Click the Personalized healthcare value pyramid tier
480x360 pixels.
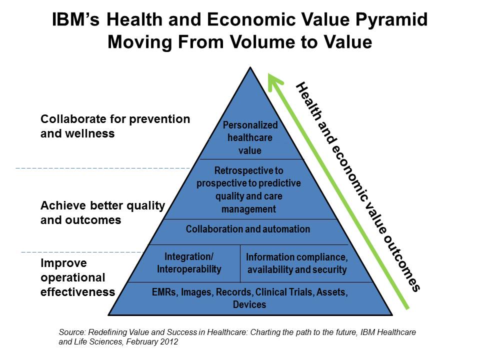pos(250,137)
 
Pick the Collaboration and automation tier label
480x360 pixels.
pos(248,229)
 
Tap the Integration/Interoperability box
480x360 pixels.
pos(188,263)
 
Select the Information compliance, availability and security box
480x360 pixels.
pos(296,263)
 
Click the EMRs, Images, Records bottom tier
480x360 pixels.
pos(249,297)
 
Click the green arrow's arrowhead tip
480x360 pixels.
pos(270,75)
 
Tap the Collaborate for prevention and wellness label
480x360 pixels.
pos(115,126)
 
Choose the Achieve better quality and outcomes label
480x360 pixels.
pos(102,212)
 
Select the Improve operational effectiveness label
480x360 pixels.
pos(77,277)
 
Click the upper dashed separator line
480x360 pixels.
pos(100,168)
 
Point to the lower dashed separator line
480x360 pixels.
pos(75,251)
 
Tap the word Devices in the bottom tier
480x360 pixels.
pos(249,304)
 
